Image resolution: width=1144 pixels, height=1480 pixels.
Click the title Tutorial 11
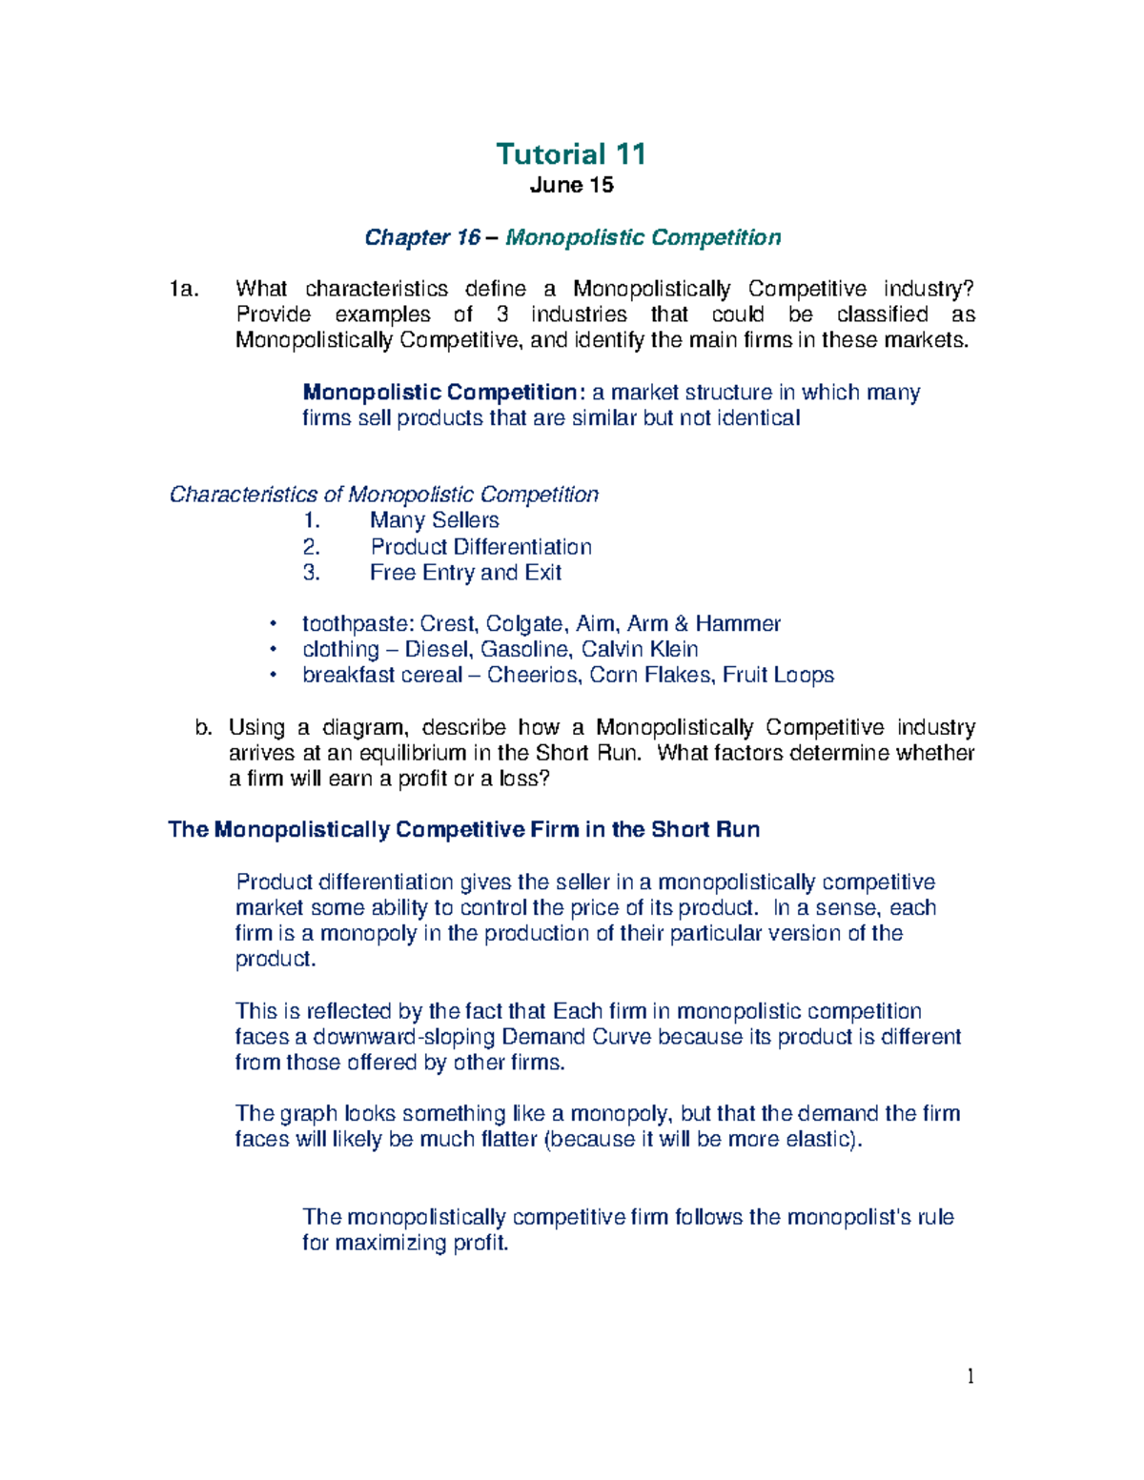pyautogui.click(x=571, y=154)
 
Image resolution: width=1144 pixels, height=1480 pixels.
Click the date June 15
pyautogui.click(x=571, y=185)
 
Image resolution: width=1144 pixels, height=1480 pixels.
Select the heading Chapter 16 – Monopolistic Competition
pyautogui.click(x=572, y=237)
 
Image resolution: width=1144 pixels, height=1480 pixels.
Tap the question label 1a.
pyautogui.click(x=183, y=289)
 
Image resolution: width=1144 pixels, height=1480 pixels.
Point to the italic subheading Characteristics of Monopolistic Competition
pyautogui.click(x=383, y=495)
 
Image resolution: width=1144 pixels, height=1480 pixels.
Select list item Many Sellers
pyautogui.click(x=434, y=520)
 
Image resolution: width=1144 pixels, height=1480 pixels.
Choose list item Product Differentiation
pyautogui.click(x=480, y=547)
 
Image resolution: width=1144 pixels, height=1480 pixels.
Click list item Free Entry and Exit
pyautogui.click(x=465, y=573)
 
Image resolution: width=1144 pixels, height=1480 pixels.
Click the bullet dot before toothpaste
pyautogui.click(x=273, y=624)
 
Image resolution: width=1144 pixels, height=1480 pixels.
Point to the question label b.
pyautogui.click(x=201, y=728)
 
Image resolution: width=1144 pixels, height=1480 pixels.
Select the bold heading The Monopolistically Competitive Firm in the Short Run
pyautogui.click(x=463, y=830)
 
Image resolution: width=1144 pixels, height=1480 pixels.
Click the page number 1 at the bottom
pyautogui.click(x=970, y=1375)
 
